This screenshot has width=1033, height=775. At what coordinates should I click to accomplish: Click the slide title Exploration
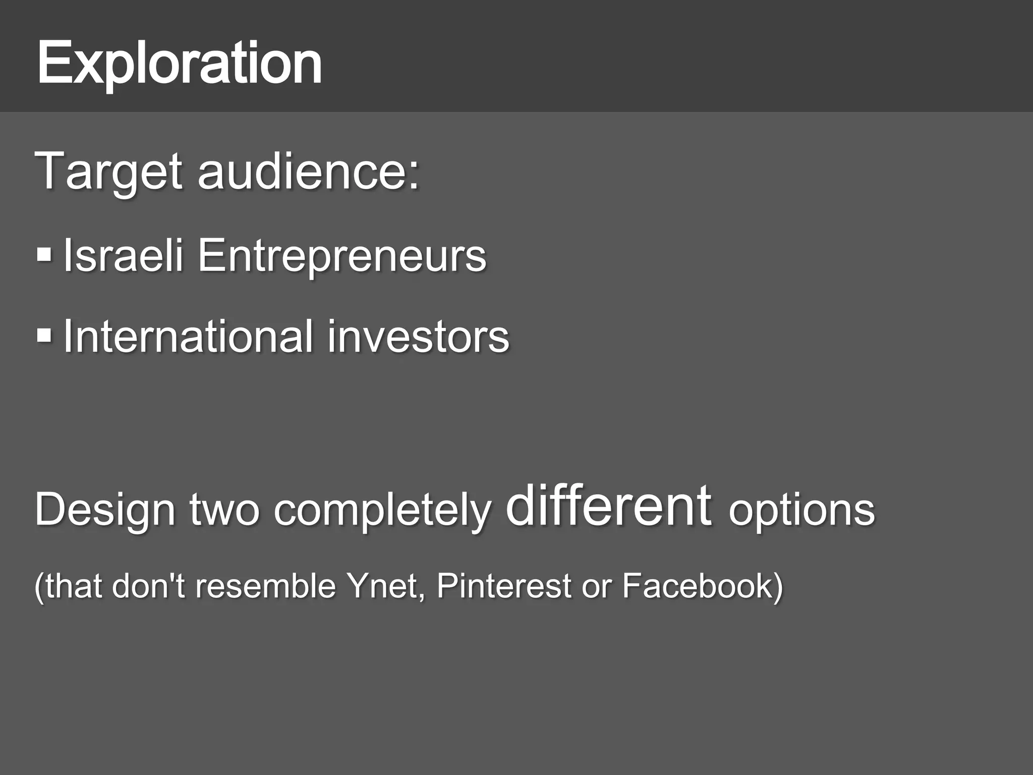tap(179, 65)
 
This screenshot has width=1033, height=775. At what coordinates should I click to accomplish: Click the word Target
tap(108, 172)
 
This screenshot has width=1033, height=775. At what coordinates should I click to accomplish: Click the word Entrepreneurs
tap(341, 255)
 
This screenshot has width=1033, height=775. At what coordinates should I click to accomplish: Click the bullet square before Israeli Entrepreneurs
tap(44, 254)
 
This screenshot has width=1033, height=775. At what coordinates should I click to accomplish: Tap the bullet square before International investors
tap(44, 336)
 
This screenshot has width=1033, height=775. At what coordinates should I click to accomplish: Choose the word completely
tap(382, 511)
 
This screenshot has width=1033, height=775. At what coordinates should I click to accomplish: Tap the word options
tap(801, 511)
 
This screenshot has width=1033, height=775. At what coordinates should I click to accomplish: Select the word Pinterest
tap(504, 586)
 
